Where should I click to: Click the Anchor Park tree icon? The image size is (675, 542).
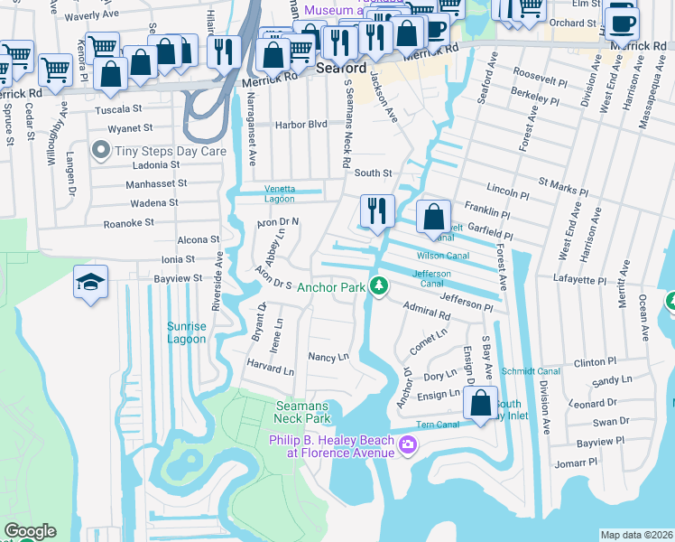click(x=381, y=286)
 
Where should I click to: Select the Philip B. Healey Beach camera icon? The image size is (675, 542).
click(x=408, y=444)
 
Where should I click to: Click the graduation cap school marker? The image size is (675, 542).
click(x=90, y=283)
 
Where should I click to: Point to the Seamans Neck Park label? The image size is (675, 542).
click(x=303, y=413)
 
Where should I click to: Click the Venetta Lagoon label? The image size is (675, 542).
click(x=280, y=194)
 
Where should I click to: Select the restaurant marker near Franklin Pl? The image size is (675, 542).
click(x=377, y=211)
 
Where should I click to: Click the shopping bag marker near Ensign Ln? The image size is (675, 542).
click(x=481, y=403)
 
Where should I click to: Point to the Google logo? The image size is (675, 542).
click(x=30, y=531)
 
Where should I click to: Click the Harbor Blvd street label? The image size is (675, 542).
click(x=302, y=124)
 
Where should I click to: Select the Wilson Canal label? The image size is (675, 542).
click(x=442, y=255)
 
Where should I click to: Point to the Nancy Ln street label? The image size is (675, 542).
click(x=328, y=357)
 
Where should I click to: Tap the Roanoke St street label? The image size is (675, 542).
click(x=128, y=221)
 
